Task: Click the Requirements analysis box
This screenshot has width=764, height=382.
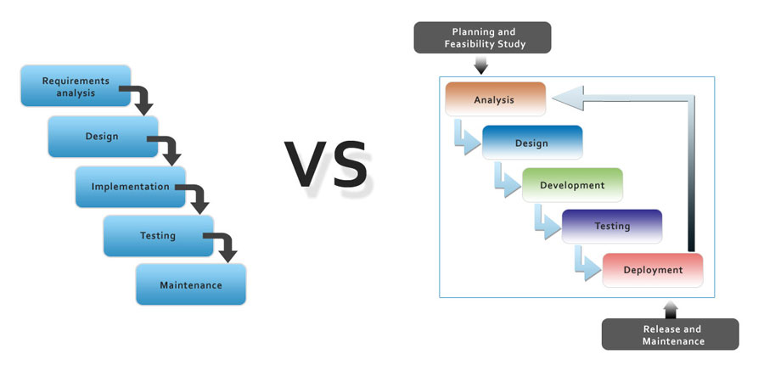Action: click(x=76, y=86)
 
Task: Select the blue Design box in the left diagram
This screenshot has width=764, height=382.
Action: click(x=103, y=137)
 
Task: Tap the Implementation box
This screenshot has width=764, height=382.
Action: click(x=131, y=187)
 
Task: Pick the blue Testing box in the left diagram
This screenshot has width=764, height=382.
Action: click(x=159, y=236)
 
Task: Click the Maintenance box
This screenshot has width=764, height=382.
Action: click(x=191, y=284)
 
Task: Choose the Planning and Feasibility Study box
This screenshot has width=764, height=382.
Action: click(x=482, y=37)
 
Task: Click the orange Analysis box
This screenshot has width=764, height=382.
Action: click(x=495, y=99)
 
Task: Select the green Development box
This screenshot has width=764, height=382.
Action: click(x=572, y=185)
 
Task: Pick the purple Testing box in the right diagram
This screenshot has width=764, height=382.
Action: click(x=612, y=226)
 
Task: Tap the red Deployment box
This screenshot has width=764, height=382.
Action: click(x=653, y=270)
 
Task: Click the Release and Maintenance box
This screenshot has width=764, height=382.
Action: click(x=671, y=334)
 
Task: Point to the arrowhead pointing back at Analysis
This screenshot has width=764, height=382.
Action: click(x=568, y=98)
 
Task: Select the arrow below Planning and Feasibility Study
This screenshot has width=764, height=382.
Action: click(x=481, y=65)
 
